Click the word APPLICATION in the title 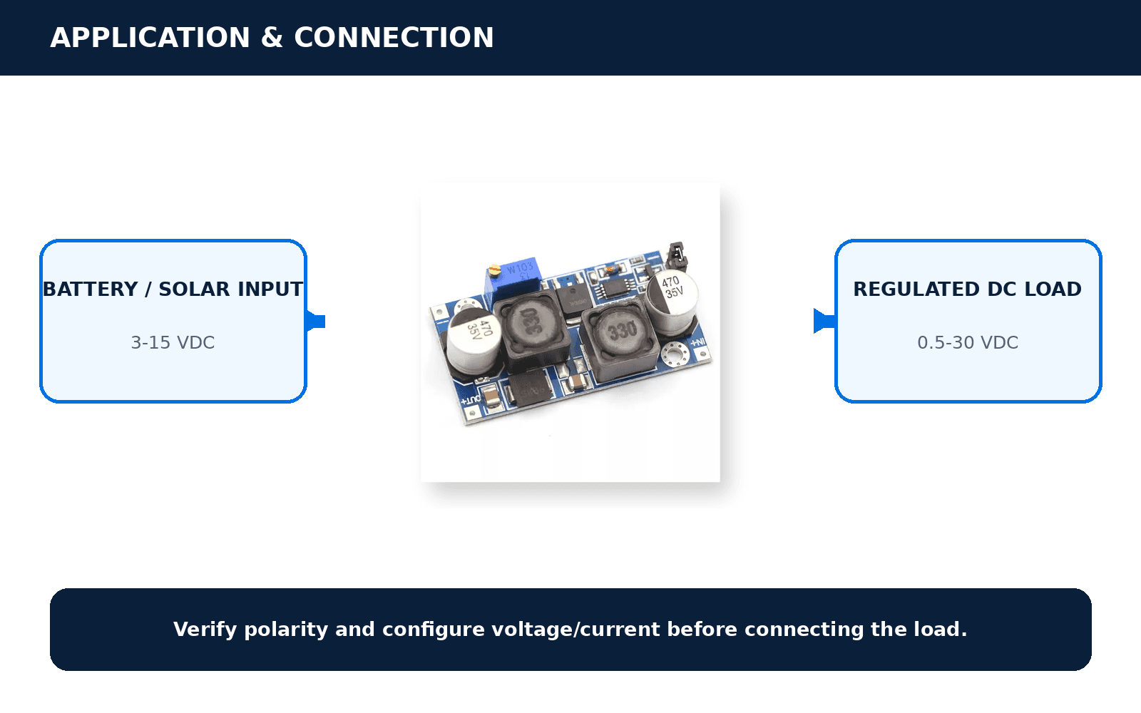click(x=150, y=38)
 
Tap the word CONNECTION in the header click(x=394, y=38)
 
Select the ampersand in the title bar click(x=272, y=38)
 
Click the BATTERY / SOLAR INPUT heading click(x=173, y=289)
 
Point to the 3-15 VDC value click(x=173, y=342)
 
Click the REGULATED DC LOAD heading click(x=967, y=289)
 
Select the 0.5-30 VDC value click(x=968, y=342)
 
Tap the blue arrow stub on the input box click(x=315, y=322)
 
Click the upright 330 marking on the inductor click(x=622, y=331)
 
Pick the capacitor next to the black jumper click(x=672, y=302)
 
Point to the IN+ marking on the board click(x=698, y=342)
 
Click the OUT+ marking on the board click(x=471, y=400)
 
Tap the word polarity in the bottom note click(x=286, y=630)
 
